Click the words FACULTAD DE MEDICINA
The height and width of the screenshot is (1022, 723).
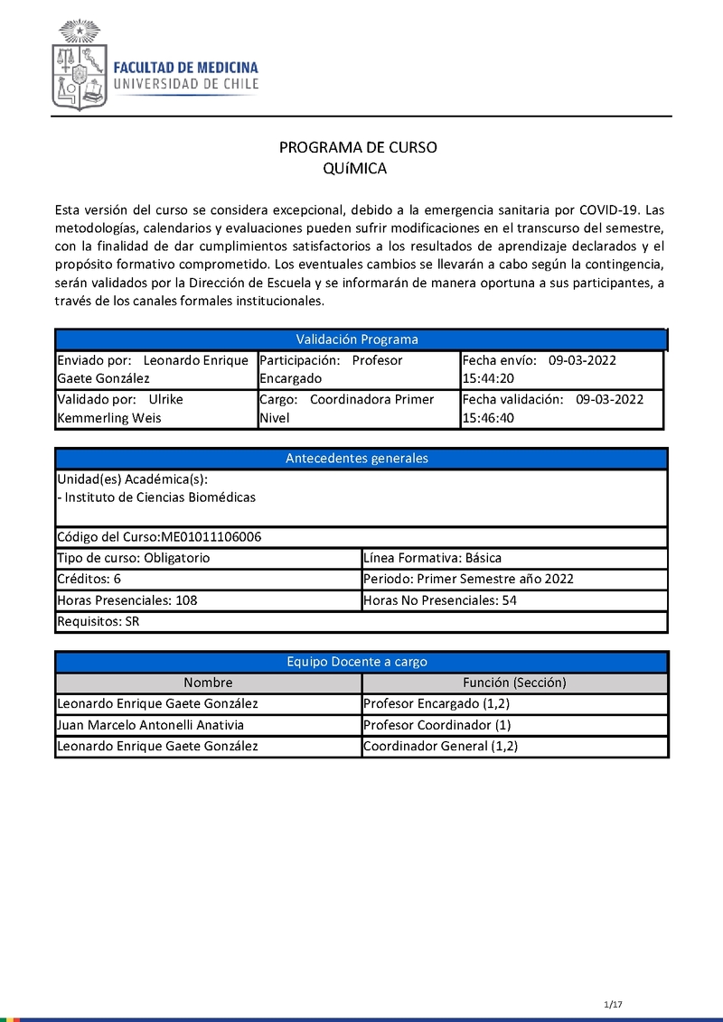pos(185,68)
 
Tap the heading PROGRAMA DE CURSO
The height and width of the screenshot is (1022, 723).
pos(358,148)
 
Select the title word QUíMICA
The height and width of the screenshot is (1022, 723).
pos(354,169)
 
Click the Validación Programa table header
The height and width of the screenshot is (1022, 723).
pos(358,339)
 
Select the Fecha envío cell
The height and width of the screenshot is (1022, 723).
pos(561,369)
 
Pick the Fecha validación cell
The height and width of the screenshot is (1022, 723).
pos(561,408)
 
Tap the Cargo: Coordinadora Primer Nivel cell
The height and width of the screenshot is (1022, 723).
pos(358,408)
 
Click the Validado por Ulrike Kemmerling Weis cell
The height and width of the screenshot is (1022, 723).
pos(155,408)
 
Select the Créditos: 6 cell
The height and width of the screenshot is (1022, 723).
pos(207,579)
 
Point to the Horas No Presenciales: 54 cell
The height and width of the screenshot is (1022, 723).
pos(513,600)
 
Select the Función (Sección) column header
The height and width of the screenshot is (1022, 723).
pos(514,683)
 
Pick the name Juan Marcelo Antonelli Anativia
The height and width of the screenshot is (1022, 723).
pos(150,725)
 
